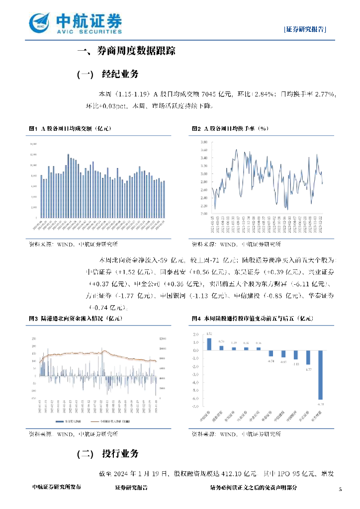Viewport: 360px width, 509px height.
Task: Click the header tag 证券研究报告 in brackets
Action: click(305, 29)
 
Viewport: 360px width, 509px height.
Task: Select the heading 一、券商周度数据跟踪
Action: click(126, 51)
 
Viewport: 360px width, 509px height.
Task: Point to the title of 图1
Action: click(70, 129)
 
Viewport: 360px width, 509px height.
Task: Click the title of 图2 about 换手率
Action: click(231, 129)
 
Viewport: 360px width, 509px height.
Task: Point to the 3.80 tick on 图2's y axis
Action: click(203, 142)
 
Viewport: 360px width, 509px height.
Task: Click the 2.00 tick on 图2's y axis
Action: click(203, 214)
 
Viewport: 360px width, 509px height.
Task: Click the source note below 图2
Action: click(236, 245)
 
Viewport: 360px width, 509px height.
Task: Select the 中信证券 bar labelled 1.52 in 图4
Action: click(209, 344)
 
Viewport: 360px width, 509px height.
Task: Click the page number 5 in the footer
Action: click(340, 490)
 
